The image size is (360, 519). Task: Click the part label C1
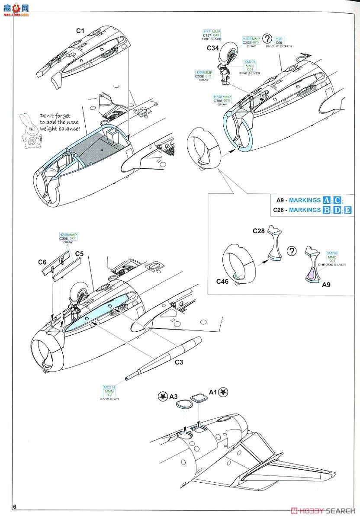click(x=80, y=31)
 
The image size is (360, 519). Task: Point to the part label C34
click(x=212, y=48)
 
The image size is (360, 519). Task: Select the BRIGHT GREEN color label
click(x=279, y=46)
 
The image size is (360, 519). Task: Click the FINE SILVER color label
click(x=250, y=74)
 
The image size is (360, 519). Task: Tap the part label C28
click(x=258, y=231)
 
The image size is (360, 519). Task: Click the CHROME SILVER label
click(x=332, y=264)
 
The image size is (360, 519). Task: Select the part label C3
click(x=179, y=362)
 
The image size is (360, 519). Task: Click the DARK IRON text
click(x=109, y=398)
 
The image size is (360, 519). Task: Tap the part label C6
click(x=42, y=262)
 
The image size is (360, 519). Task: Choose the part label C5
click(x=79, y=253)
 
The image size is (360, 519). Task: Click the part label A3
click(x=174, y=396)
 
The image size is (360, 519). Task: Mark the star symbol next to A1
click(x=224, y=392)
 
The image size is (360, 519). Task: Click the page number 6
click(x=15, y=506)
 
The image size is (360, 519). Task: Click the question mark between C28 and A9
click(x=292, y=251)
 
